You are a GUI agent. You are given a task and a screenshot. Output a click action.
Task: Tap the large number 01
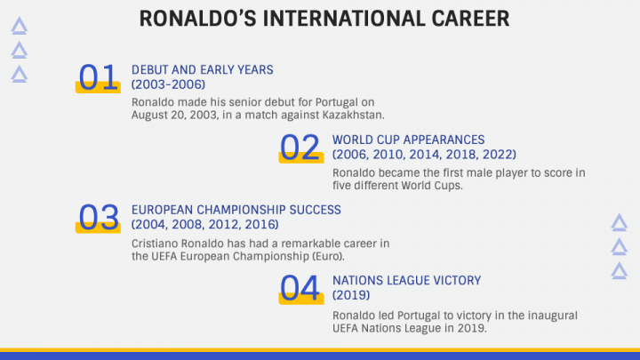[98, 76]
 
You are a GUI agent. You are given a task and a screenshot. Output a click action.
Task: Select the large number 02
[300, 147]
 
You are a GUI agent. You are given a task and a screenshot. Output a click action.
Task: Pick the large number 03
[99, 217]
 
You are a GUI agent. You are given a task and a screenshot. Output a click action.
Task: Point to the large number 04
[300, 288]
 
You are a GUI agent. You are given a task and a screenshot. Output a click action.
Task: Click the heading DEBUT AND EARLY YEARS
[203, 70]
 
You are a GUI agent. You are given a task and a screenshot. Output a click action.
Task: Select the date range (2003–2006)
[168, 84]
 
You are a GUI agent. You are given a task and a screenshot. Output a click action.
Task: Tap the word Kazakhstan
[354, 115]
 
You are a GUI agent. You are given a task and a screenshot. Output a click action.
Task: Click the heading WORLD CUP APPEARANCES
[409, 140]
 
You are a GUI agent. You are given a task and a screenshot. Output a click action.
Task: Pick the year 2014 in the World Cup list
[425, 155]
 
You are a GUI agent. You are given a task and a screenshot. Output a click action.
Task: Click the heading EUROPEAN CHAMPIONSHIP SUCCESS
[236, 210]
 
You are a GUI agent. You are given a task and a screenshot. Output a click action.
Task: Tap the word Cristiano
[155, 244]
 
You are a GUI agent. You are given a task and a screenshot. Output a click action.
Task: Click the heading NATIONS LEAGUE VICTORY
[407, 280]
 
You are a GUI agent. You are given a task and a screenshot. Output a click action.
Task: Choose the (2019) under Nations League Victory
[351, 295]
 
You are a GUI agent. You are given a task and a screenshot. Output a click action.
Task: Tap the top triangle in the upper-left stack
[20, 26]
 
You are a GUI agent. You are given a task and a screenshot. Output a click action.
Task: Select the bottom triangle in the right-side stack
[620, 271]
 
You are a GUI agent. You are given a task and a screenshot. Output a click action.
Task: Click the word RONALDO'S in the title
[198, 19]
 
